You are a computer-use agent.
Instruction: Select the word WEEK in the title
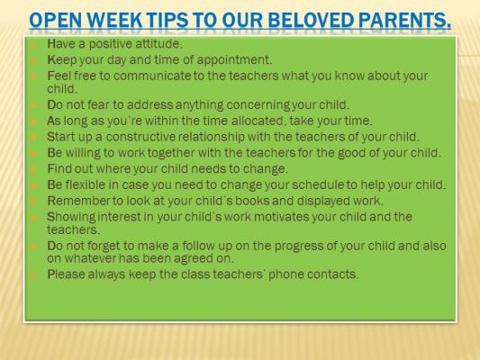point(115,20)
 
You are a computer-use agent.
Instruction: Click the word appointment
point(234,60)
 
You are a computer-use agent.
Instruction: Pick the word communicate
point(152,76)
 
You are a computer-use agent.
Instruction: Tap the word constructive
point(140,137)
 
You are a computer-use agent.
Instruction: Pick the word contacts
point(332,274)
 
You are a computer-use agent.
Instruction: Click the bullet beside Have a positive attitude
point(33,44)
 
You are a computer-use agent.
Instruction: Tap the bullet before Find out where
point(33,169)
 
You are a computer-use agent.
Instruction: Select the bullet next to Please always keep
point(33,274)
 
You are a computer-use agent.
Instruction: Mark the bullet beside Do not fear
point(33,105)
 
